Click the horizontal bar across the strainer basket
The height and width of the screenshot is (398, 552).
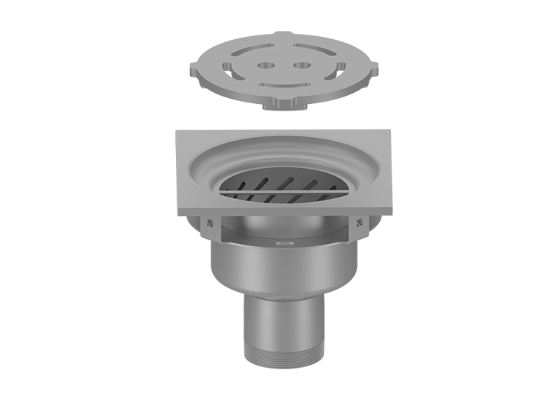(x=284, y=191)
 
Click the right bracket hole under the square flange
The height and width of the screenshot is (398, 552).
(x=361, y=223)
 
